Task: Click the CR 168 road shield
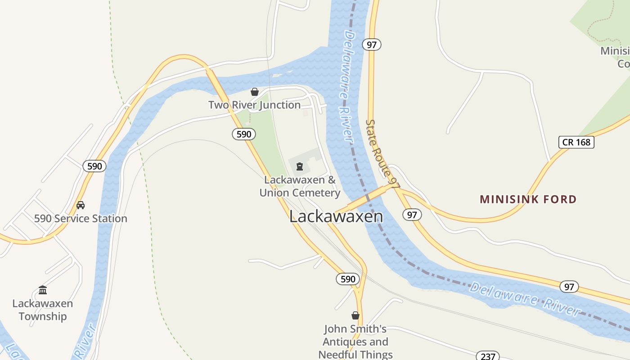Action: (x=576, y=142)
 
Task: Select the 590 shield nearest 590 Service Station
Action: (x=94, y=166)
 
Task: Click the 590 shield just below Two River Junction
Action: (x=244, y=134)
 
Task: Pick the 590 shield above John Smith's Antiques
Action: (x=348, y=279)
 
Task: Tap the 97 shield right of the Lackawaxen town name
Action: (x=412, y=215)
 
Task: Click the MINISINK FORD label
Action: (x=528, y=199)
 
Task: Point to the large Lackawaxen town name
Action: (x=336, y=216)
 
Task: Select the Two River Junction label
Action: (x=254, y=105)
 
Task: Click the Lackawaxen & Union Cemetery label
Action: (x=300, y=186)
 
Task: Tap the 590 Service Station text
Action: (x=81, y=219)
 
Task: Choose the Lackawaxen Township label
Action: (x=43, y=310)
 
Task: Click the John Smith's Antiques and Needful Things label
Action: (x=355, y=342)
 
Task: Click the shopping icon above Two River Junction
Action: (x=255, y=92)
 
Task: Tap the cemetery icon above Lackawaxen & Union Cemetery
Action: (x=299, y=167)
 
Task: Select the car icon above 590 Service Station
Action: (x=81, y=205)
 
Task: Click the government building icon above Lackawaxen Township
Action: (x=43, y=290)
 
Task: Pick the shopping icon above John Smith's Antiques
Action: (x=355, y=315)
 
